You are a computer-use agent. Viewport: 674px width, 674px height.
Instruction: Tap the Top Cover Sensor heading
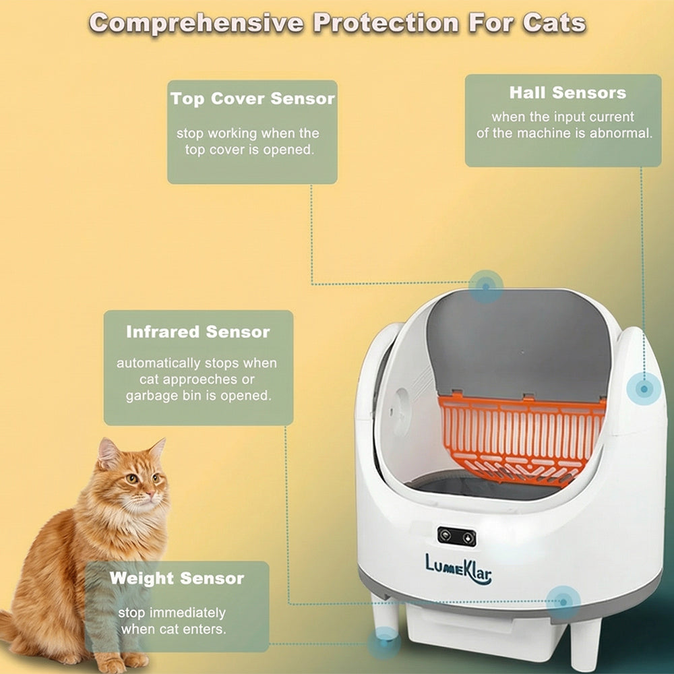[x=252, y=99]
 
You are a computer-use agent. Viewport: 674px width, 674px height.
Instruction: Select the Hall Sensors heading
[x=568, y=93]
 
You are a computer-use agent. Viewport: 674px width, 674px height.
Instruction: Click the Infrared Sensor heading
[x=198, y=332]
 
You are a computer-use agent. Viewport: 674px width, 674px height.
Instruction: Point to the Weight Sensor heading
[x=177, y=578]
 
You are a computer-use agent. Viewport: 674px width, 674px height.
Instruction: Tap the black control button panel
[x=456, y=537]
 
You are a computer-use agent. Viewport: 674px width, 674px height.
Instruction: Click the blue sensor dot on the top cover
[x=486, y=286]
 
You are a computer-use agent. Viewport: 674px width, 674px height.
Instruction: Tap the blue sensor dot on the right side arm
[x=644, y=389]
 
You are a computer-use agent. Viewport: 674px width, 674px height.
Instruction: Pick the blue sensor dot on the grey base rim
[x=563, y=600]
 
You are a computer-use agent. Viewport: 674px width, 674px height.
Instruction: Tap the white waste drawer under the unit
[x=472, y=630]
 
